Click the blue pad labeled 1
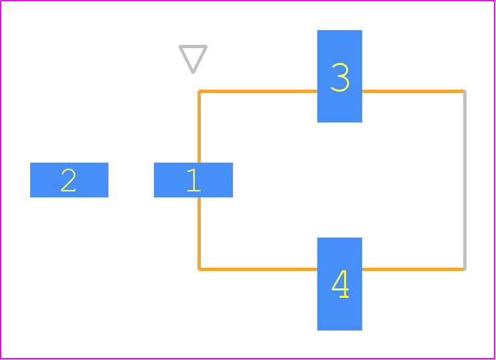[193, 180]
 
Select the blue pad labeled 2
[69, 180]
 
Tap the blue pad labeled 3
[339, 76]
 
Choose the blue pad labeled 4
[339, 284]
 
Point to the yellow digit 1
[194, 180]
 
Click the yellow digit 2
[68, 180]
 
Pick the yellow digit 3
[340, 77]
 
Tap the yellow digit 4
[340, 284]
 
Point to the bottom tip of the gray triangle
[193, 73]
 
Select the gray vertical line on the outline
[465, 180]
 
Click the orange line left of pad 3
[258, 92]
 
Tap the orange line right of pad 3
[414, 92]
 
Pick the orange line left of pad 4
[258, 269]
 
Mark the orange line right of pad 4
[414, 269]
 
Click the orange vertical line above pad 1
[199, 127]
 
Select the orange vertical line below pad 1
[199, 233]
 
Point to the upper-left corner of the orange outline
[199, 92]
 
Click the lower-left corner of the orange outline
[199, 269]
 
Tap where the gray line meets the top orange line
[465, 92]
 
